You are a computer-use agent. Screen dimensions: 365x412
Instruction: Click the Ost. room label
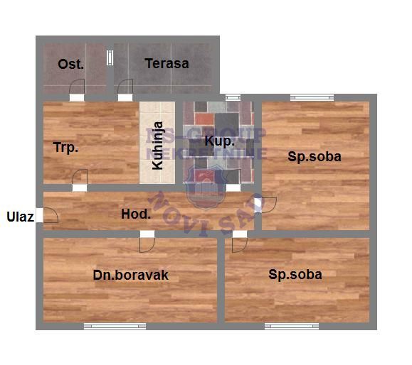(71, 64)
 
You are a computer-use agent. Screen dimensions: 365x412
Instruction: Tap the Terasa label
(167, 64)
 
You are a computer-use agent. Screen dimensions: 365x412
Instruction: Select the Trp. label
(65, 148)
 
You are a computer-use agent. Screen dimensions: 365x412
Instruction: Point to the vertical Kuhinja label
(158, 146)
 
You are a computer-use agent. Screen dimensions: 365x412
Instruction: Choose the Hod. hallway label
(135, 214)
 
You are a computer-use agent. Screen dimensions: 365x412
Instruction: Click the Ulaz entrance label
(21, 217)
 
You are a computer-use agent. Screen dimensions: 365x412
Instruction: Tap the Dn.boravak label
(131, 275)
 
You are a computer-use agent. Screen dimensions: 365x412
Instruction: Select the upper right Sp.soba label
(315, 157)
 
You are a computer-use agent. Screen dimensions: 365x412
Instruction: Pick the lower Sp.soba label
(295, 275)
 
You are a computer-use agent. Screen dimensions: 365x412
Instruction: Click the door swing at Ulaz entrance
(50, 216)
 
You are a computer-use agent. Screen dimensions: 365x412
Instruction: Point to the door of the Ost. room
(78, 89)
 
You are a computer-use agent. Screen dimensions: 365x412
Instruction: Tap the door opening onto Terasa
(125, 89)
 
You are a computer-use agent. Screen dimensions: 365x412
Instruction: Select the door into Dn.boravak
(149, 242)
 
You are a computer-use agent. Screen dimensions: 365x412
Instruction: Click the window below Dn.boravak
(110, 326)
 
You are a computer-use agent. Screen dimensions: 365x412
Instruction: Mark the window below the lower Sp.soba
(291, 326)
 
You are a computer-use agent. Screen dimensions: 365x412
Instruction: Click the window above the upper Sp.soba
(312, 98)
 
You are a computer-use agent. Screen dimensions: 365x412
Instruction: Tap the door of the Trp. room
(80, 179)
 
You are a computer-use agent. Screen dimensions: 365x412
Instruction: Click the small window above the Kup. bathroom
(232, 97)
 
